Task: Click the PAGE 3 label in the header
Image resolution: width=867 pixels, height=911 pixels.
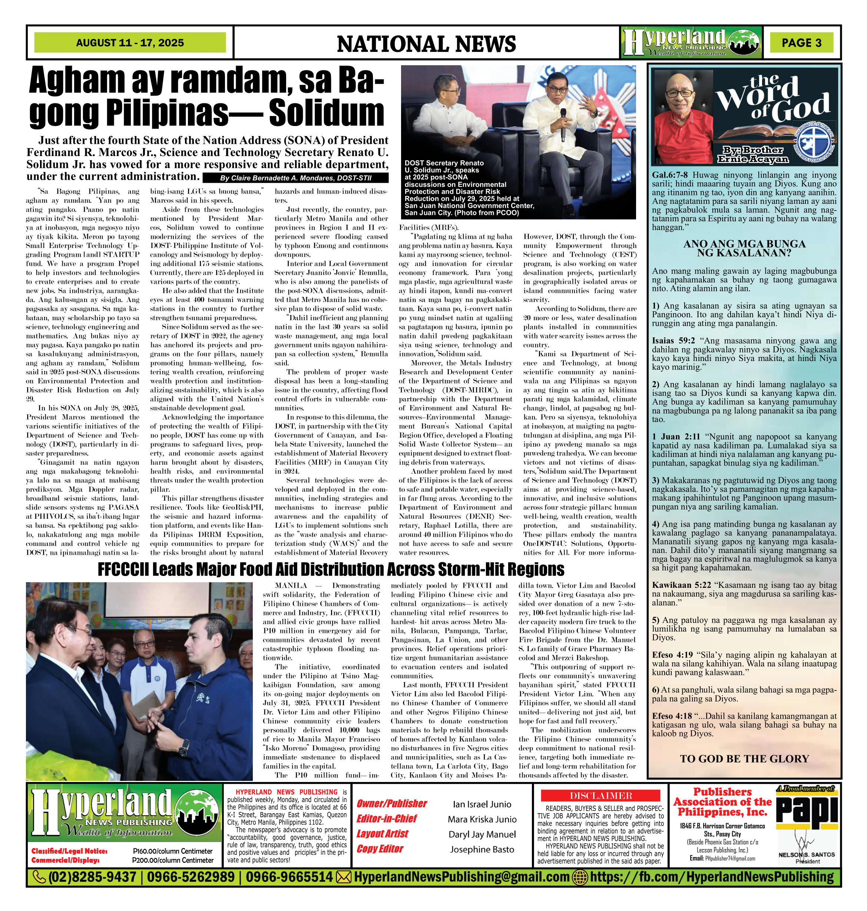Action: point(801,43)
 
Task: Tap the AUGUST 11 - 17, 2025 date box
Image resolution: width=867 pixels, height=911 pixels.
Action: point(130,43)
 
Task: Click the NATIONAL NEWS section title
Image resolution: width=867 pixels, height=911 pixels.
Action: point(426,44)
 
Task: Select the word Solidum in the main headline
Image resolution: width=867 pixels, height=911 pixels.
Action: point(326,112)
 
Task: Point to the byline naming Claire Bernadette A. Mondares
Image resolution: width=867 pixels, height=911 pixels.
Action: point(295,178)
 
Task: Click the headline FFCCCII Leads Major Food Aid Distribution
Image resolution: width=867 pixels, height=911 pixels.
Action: point(331,569)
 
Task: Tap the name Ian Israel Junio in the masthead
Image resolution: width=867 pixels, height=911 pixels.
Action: point(482,804)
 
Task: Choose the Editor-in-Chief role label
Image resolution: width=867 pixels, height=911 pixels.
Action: point(386,819)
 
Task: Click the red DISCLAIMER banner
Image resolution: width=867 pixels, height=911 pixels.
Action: point(601,796)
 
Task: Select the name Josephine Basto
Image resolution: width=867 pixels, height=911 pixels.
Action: point(482,849)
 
